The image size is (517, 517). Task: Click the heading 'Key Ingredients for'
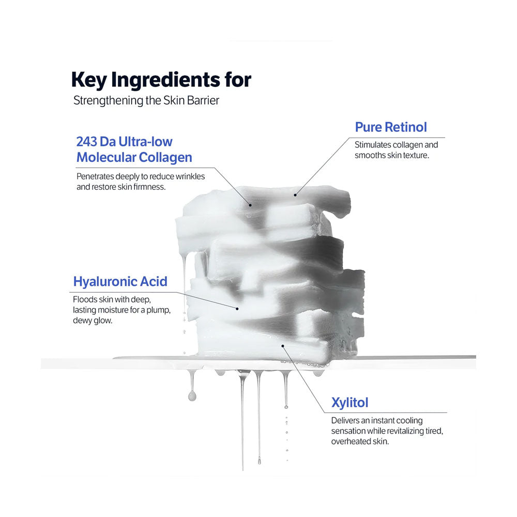click(x=161, y=80)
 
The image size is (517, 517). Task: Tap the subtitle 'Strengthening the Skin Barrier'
click(x=146, y=100)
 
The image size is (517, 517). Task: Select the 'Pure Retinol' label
click(x=391, y=127)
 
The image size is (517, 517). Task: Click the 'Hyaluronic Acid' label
click(x=120, y=282)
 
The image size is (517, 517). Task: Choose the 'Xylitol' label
click(x=350, y=402)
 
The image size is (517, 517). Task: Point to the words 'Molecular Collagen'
click(x=134, y=158)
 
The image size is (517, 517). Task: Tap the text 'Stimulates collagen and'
click(x=396, y=145)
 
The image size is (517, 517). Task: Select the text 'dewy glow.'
click(x=93, y=321)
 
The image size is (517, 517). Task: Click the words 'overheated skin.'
click(x=360, y=442)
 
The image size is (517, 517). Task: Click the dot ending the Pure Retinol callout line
click(x=295, y=195)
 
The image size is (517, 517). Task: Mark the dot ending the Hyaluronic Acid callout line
click(x=237, y=309)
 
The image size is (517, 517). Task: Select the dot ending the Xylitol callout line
click(x=282, y=346)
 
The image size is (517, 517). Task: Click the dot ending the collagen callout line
click(x=248, y=205)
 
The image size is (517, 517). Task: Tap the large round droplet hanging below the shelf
click(x=192, y=396)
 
